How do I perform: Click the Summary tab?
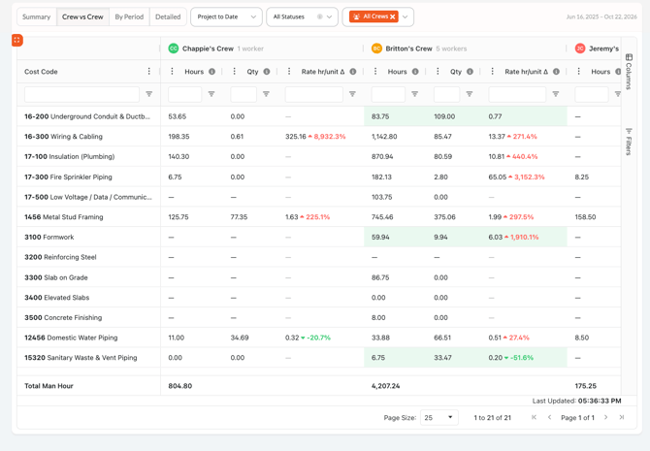[37, 17]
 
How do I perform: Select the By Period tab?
[129, 17]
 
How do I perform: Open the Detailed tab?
[168, 17]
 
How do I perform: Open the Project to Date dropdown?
[226, 17]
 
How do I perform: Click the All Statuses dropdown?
[302, 17]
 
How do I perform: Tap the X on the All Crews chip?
[393, 16]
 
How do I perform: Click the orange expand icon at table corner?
[17, 40]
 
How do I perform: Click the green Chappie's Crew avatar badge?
[174, 48]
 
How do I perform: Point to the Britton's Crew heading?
[408, 48]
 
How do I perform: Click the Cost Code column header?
[41, 72]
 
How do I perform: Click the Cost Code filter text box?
[82, 94]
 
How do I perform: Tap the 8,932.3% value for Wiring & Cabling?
[330, 137]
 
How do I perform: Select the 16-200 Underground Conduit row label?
[87, 116]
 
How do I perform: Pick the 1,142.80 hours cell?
[384, 137]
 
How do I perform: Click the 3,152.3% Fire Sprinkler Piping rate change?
[530, 177]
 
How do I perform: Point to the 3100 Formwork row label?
[49, 237]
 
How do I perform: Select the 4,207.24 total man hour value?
[385, 386]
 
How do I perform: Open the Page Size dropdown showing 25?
[439, 417]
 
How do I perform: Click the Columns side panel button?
[629, 72]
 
